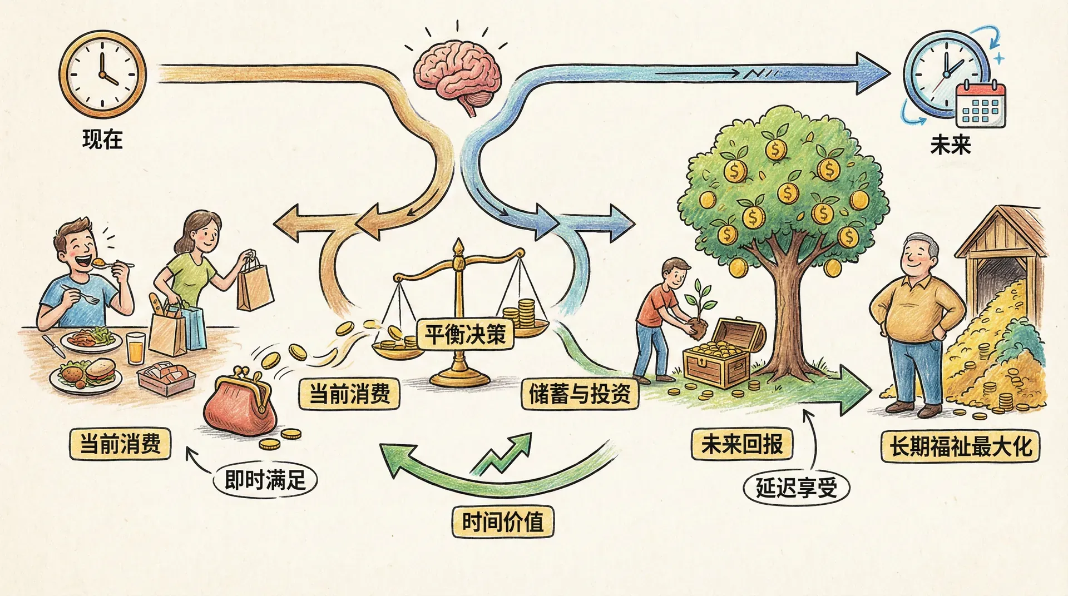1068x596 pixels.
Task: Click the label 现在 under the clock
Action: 102,139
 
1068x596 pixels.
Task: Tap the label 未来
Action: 950,145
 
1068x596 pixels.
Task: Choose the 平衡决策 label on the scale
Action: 465,335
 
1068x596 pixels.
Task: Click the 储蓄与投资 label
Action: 580,394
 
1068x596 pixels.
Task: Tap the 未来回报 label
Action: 742,444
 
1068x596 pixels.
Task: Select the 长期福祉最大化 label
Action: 961,446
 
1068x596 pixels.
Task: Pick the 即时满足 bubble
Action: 265,480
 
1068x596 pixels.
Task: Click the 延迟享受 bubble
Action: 796,488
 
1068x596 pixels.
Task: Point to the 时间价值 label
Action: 502,521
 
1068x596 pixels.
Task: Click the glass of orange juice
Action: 136,347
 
